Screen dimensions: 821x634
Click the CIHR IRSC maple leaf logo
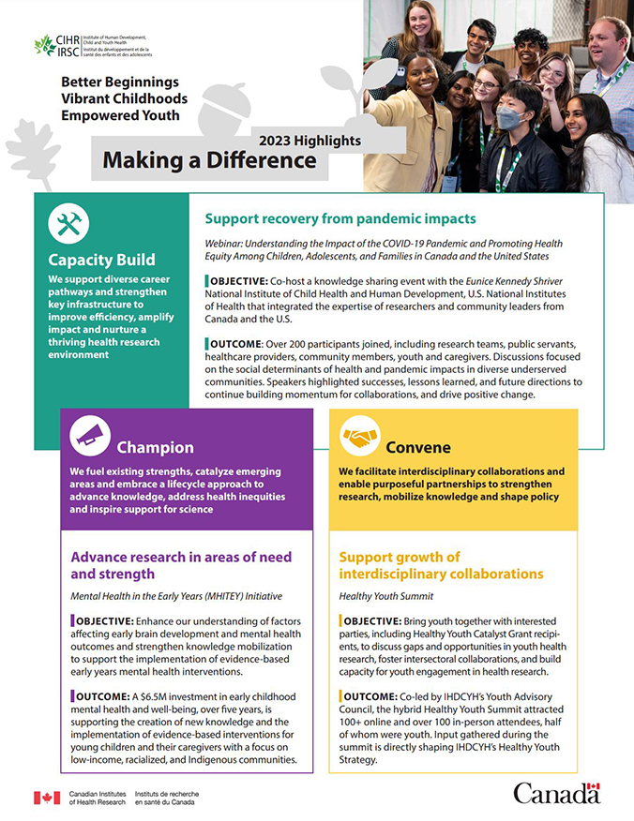coord(44,45)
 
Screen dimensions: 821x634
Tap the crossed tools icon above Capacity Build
coord(68,224)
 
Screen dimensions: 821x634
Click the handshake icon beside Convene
coord(358,437)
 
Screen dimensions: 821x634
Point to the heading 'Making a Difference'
coord(209,160)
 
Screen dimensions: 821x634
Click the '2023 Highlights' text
coord(309,141)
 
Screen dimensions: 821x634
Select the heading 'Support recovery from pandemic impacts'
coord(340,218)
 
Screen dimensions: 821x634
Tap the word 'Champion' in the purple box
coord(155,447)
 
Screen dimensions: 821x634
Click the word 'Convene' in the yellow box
coord(418,447)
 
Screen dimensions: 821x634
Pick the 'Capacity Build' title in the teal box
coord(102,260)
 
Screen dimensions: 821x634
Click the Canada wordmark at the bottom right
coord(556,793)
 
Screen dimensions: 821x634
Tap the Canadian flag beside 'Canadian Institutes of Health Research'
coord(47,798)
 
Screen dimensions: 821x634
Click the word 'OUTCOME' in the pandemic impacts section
coord(240,342)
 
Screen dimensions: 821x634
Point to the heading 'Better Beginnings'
coord(119,82)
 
